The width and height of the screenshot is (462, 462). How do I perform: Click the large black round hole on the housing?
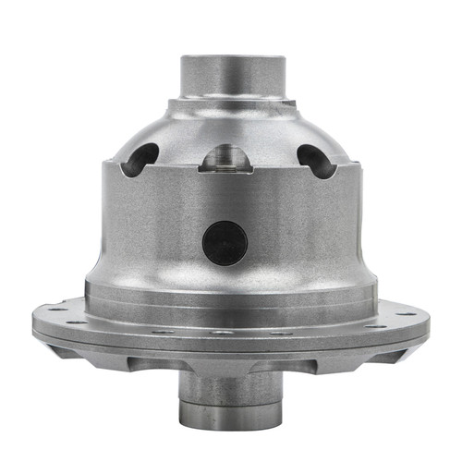click(x=225, y=241)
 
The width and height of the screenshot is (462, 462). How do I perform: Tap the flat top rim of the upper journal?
click(x=231, y=58)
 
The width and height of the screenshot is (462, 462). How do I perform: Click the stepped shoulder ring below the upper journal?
click(x=231, y=103)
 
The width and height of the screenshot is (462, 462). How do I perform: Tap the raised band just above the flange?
click(x=231, y=294)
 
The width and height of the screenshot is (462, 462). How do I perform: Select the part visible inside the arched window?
click(x=225, y=164)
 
